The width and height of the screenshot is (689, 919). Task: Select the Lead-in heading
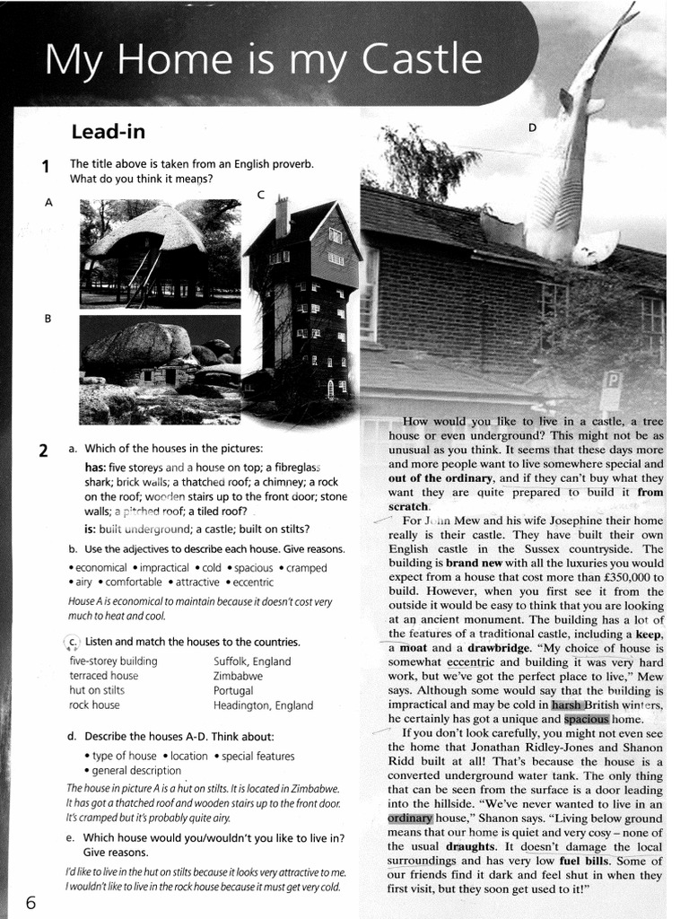[108, 132]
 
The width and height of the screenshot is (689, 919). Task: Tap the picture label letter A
[48, 203]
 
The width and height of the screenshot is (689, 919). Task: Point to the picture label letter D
[531, 127]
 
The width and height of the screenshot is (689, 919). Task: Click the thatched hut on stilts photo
[159, 253]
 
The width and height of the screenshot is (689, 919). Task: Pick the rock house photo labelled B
[159, 369]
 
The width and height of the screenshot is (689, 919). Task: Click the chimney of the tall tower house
[282, 216]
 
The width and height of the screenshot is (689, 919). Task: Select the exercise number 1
[44, 166]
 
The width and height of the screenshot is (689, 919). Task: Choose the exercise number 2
[43, 451]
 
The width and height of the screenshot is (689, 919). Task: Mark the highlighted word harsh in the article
[566, 705]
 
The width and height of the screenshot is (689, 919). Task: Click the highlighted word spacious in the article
[587, 719]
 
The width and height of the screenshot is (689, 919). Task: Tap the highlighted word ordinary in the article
[410, 818]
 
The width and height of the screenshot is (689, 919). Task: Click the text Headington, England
[263, 705]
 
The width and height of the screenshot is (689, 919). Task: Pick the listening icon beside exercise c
[72, 642]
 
